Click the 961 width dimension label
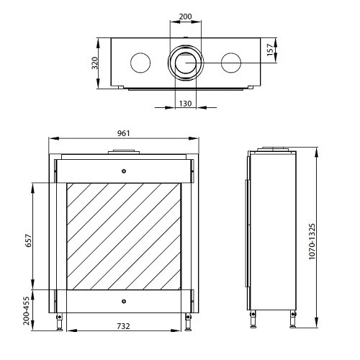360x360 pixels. pos(124,133)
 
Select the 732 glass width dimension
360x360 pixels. pos(124,326)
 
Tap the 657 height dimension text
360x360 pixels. pos(28,240)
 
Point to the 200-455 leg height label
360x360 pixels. pos(26,311)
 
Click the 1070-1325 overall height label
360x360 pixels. pos(312,241)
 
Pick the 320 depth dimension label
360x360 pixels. pos(95,63)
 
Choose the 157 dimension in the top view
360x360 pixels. pos(270,50)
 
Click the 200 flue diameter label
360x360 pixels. pos(186,17)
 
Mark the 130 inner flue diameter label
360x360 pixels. pos(186,104)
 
